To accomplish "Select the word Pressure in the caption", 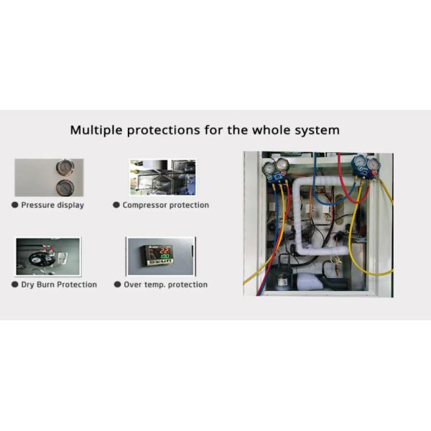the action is [38, 205].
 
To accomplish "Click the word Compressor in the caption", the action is [144, 205].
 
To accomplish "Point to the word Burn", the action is [45, 284].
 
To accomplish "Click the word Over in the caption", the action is [132, 284].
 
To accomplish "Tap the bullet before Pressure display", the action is [15, 205].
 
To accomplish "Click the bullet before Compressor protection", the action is [116, 205].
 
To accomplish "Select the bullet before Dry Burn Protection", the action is [15, 284].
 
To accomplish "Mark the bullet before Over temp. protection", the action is [117, 284].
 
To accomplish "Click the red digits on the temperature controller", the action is [165, 251].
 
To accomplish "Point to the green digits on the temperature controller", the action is [165, 256].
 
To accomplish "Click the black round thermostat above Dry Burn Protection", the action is [40, 259].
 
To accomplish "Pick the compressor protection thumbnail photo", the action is [162, 177].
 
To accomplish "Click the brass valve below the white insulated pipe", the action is [336, 264].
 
